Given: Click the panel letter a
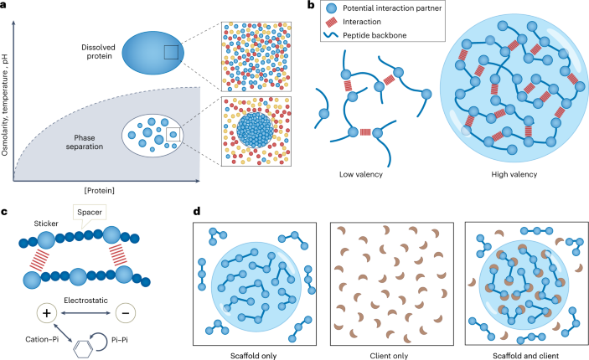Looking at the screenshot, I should click(x=5, y=6).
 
